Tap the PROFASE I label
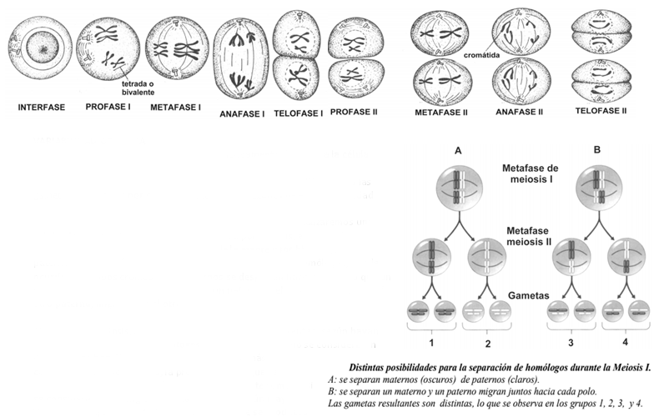click(x=108, y=108)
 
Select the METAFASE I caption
click(x=175, y=108)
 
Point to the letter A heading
click(x=458, y=151)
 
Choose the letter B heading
click(x=596, y=151)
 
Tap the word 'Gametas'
click(x=530, y=296)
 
